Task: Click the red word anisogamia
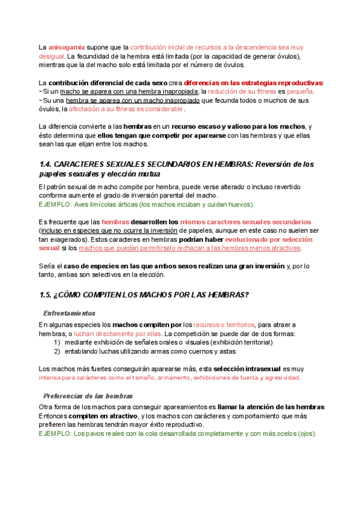[x=65, y=47]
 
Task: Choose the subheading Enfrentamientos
[x=69, y=313]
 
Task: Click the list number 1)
[x=57, y=342]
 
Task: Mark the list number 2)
[x=57, y=351]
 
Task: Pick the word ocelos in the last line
[x=277, y=433]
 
